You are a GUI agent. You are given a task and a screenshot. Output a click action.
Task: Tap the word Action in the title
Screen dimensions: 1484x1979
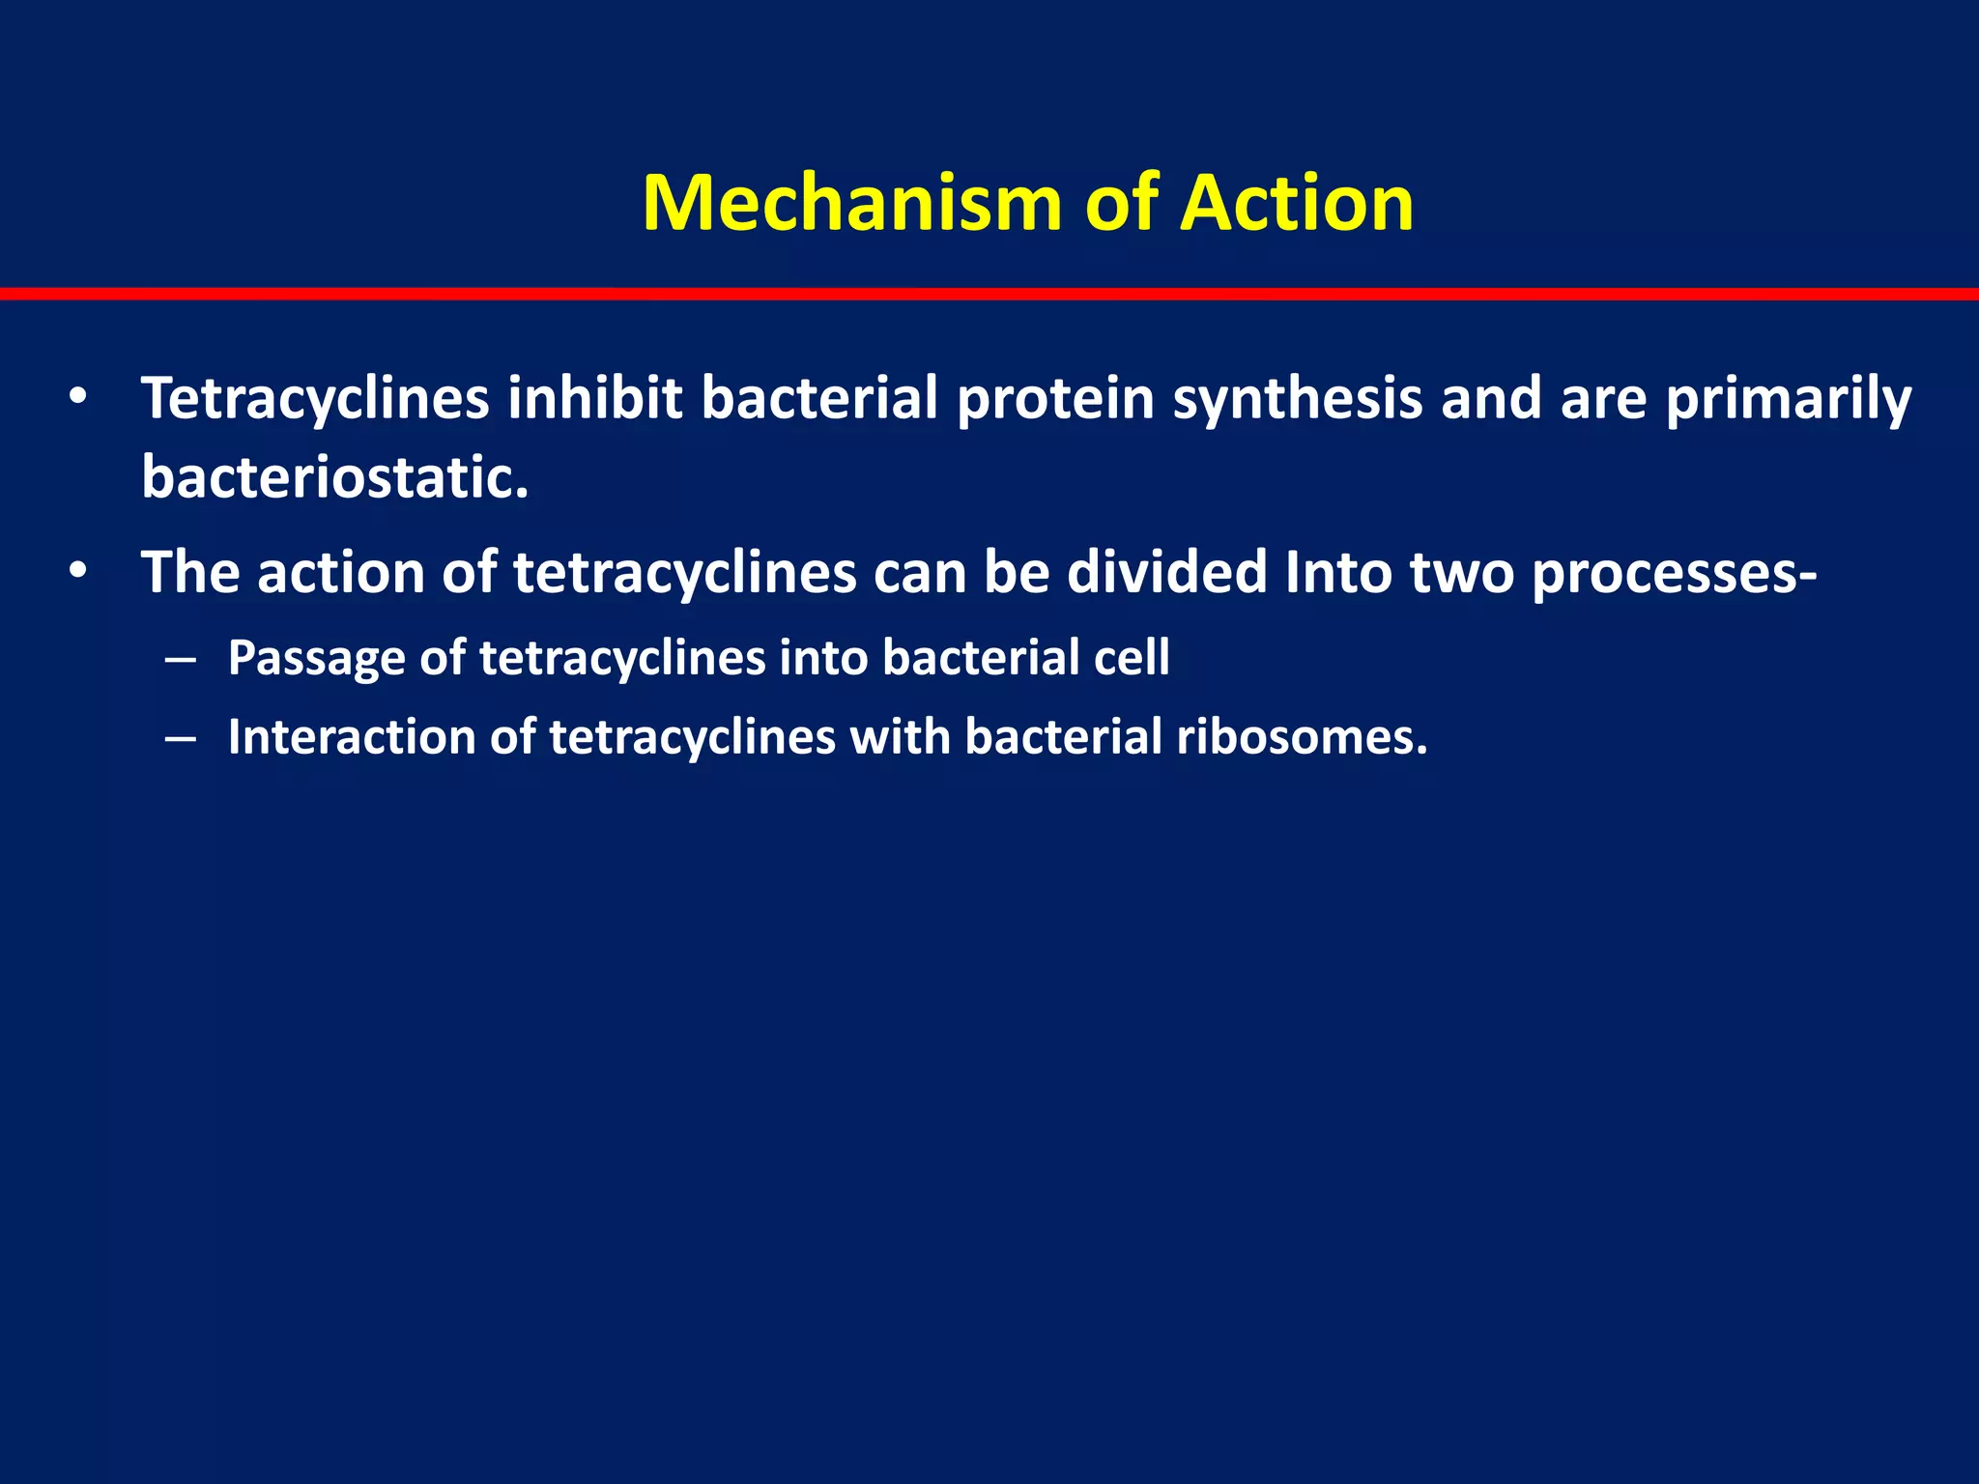coord(1297,203)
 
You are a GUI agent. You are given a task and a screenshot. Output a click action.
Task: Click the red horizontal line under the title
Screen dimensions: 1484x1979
coord(989,294)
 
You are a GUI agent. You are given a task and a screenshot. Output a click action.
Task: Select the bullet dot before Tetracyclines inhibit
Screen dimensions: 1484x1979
coord(78,397)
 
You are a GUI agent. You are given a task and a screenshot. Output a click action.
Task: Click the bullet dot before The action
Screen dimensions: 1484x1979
coord(78,571)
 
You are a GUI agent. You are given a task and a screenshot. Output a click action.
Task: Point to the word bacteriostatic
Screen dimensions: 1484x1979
coord(334,476)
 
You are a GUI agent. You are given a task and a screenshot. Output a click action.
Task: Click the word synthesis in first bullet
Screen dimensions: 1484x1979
coord(1297,399)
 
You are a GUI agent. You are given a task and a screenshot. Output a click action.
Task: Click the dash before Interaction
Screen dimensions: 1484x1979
coord(181,738)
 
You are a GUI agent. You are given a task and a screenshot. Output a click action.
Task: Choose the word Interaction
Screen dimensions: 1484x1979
coord(352,737)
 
